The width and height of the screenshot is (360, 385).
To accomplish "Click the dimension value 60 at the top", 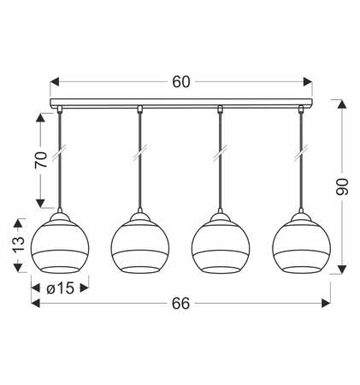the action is click(x=180, y=82).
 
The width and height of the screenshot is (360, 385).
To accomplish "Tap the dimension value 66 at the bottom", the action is click(x=180, y=303).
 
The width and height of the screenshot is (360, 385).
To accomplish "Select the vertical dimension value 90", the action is click(x=342, y=187).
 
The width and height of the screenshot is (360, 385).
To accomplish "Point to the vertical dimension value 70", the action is click(x=41, y=160).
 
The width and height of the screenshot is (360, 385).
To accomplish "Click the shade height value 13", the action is click(x=19, y=245).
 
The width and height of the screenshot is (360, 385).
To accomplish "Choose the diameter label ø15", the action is click(x=60, y=288).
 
